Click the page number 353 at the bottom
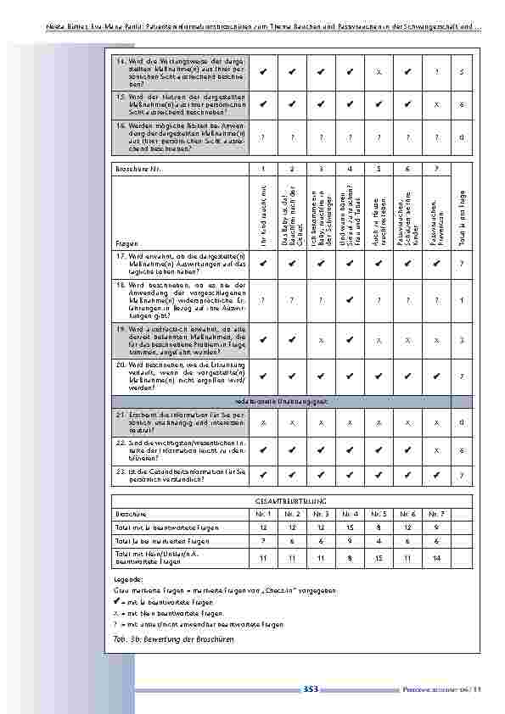click(310, 689)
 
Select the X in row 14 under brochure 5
click(379, 71)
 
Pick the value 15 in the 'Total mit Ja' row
click(350, 527)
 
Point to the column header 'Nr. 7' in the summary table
click(435, 514)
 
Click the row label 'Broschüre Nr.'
click(136, 170)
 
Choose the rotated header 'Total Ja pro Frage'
click(461, 216)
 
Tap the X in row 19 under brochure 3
click(321, 339)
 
